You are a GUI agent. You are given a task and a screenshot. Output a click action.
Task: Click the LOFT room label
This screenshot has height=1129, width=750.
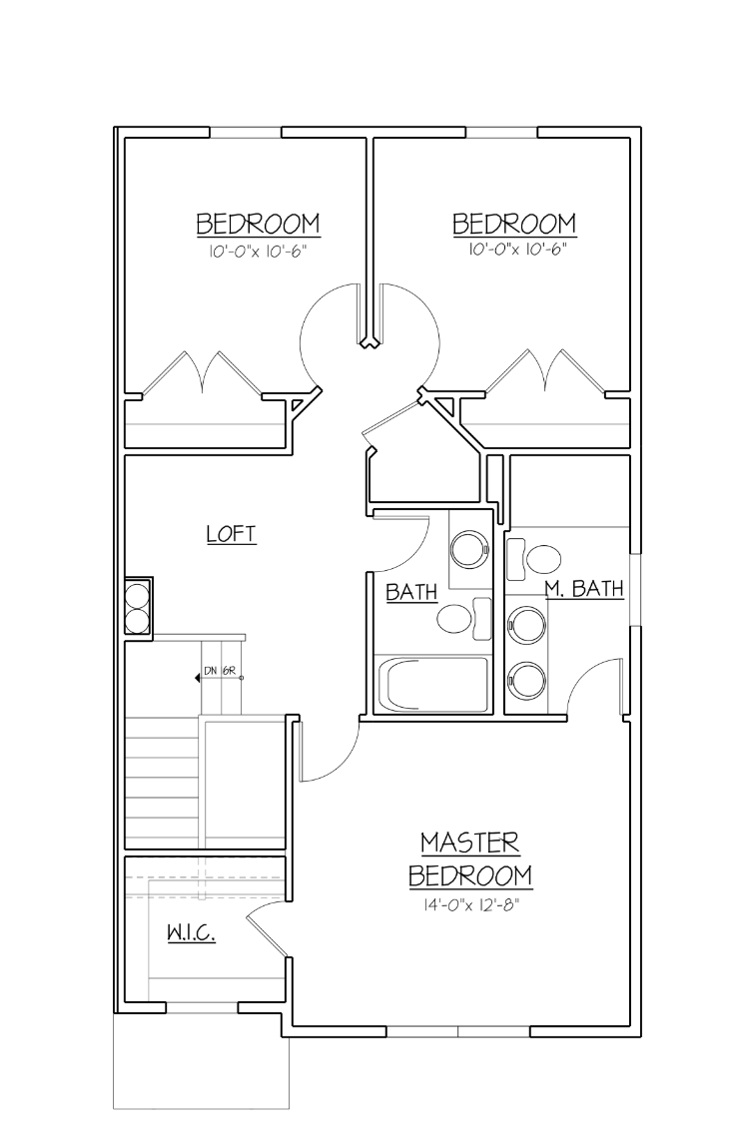click(232, 534)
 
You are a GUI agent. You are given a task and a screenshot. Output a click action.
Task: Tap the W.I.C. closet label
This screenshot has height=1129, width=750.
click(191, 933)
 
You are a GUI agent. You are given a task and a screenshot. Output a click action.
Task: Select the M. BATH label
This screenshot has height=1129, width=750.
click(584, 590)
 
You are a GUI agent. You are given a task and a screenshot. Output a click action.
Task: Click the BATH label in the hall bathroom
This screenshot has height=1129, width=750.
click(411, 592)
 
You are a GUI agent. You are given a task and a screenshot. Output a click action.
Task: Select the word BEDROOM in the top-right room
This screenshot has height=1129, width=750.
click(514, 223)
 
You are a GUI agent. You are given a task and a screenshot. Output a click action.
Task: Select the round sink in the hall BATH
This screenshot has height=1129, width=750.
click(468, 549)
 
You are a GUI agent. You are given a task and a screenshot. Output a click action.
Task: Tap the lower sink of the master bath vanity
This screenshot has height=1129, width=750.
click(525, 679)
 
